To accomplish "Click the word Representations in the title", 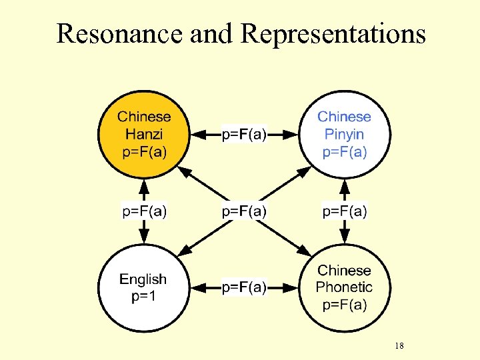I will coord(333,33).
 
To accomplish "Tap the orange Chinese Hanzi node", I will coord(144,134).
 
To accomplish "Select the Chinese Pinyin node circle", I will coord(344,134).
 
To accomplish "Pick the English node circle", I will coord(143,288).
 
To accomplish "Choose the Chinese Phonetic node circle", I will coord(344,288).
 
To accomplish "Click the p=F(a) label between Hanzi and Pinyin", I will coord(244,135).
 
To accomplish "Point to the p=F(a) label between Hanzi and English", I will coord(144,211).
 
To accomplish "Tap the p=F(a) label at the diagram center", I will coord(244,211).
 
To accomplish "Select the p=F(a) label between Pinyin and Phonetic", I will coord(345,211).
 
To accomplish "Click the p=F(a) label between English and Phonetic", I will coord(244,287).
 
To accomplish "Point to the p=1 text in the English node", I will coord(143,297).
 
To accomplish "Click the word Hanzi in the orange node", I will coord(144,134).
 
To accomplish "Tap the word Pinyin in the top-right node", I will coord(344,134).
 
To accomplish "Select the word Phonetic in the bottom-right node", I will coord(344,287).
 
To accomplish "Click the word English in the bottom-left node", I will coord(143,279).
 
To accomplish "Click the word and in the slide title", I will coord(213,33).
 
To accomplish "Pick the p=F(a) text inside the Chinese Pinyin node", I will coord(345,151).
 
